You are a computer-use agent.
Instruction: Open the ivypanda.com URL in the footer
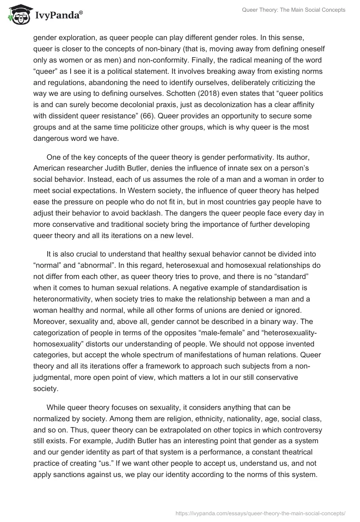click(260, 513)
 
